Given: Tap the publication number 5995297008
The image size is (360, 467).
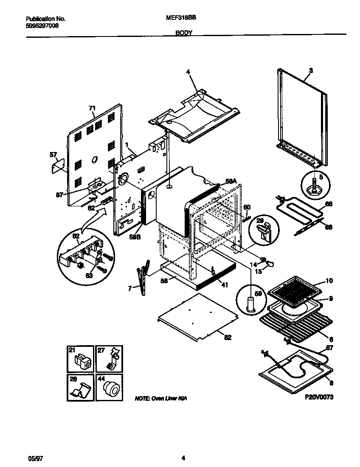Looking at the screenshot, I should pos(42,25).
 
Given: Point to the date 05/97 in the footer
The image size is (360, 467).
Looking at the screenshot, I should pos(32,458).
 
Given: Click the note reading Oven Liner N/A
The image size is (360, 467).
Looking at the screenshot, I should pos(160,399).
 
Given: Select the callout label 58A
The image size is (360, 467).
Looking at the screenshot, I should pos(231,181).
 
